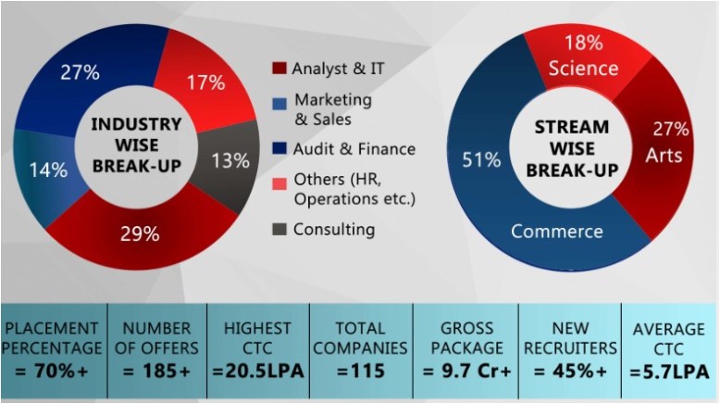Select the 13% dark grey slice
click(x=230, y=160)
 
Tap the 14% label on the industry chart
click(x=48, y=170)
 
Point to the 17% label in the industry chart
click(x=206, y=82)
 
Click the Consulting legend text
click(x=334, y=229)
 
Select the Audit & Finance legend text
click(x=354, y=148)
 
